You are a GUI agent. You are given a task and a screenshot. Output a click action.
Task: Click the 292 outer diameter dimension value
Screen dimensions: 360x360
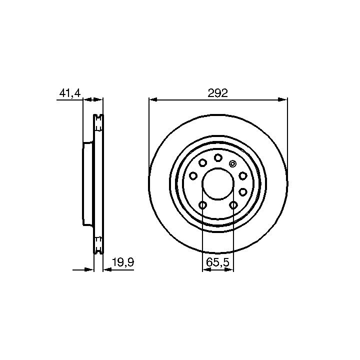click(217, 93)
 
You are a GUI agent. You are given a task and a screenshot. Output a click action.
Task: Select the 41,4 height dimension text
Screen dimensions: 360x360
click(70, 93)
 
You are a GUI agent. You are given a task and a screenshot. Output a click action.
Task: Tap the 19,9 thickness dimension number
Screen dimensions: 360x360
click(123, 262)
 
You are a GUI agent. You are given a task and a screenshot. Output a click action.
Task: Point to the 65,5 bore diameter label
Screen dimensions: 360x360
click(218, 262)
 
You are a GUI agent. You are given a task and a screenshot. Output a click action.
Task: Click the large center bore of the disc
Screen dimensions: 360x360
click(217, 183)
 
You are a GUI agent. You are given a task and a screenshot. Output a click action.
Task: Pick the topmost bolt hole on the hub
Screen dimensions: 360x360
click(218, 157)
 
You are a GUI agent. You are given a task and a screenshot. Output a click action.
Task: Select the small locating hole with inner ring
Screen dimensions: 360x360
click(232, 163)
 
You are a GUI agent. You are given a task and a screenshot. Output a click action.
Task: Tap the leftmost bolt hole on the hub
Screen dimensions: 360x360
click(193, 176)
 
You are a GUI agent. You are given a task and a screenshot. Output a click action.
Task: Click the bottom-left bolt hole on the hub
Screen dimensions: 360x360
click(202, 205)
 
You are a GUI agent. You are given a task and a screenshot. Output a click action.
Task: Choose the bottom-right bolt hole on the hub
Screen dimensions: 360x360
click(233, 205)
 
